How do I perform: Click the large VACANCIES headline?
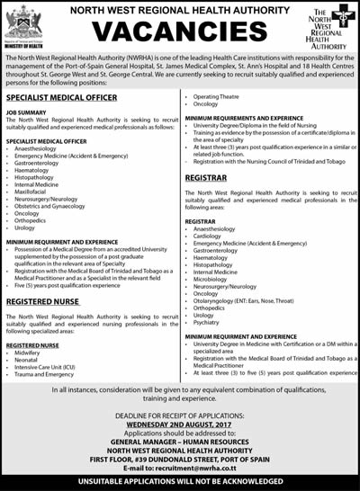point(179,33)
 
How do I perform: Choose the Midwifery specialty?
point(29,352)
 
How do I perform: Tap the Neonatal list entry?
point(28,360)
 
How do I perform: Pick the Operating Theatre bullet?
point(216,95)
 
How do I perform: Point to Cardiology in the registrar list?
point(209,237)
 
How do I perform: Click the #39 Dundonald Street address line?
point(180,457)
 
